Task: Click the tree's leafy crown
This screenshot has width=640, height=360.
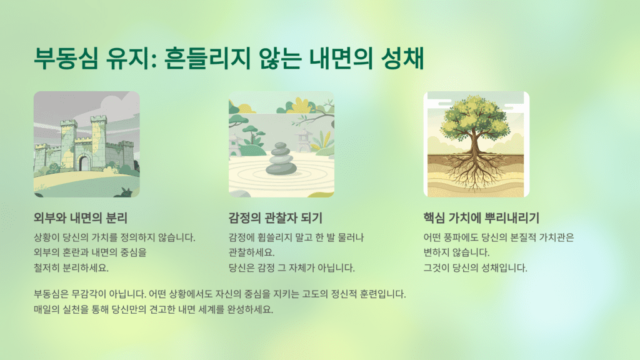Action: tap(475, 119)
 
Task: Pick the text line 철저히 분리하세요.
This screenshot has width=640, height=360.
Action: tap(71, 268)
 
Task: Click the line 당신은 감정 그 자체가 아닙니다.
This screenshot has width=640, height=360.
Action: tap(292, 268)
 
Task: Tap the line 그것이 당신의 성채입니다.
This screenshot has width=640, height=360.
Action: tap(476, 268)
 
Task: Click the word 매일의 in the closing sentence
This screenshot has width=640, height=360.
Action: tap(47, 309)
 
